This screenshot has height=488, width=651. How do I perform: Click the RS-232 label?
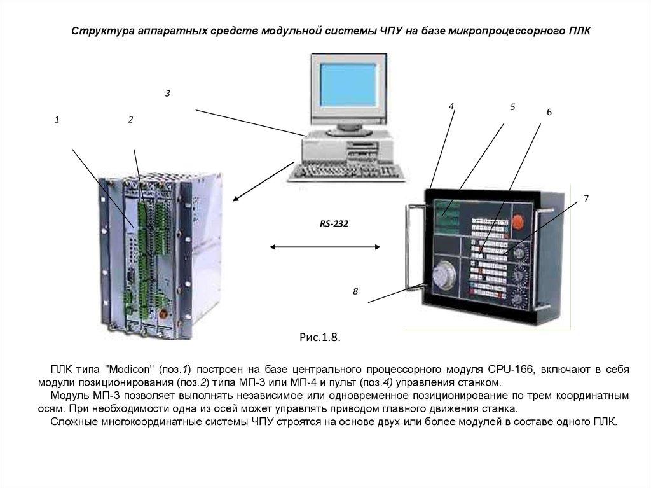[334, 225]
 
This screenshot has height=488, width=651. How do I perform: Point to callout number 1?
[57, 120]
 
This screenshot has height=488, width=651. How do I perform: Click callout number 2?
[130, 120]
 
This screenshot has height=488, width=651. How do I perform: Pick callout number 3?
[167, 94]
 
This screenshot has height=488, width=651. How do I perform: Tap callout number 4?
[451, 106]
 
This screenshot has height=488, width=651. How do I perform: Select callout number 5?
[512, 107]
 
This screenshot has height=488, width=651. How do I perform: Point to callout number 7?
[586, 199]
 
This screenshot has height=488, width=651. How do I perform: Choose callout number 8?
[355, 291]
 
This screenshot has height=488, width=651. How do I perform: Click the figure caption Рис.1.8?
[320, 338]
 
